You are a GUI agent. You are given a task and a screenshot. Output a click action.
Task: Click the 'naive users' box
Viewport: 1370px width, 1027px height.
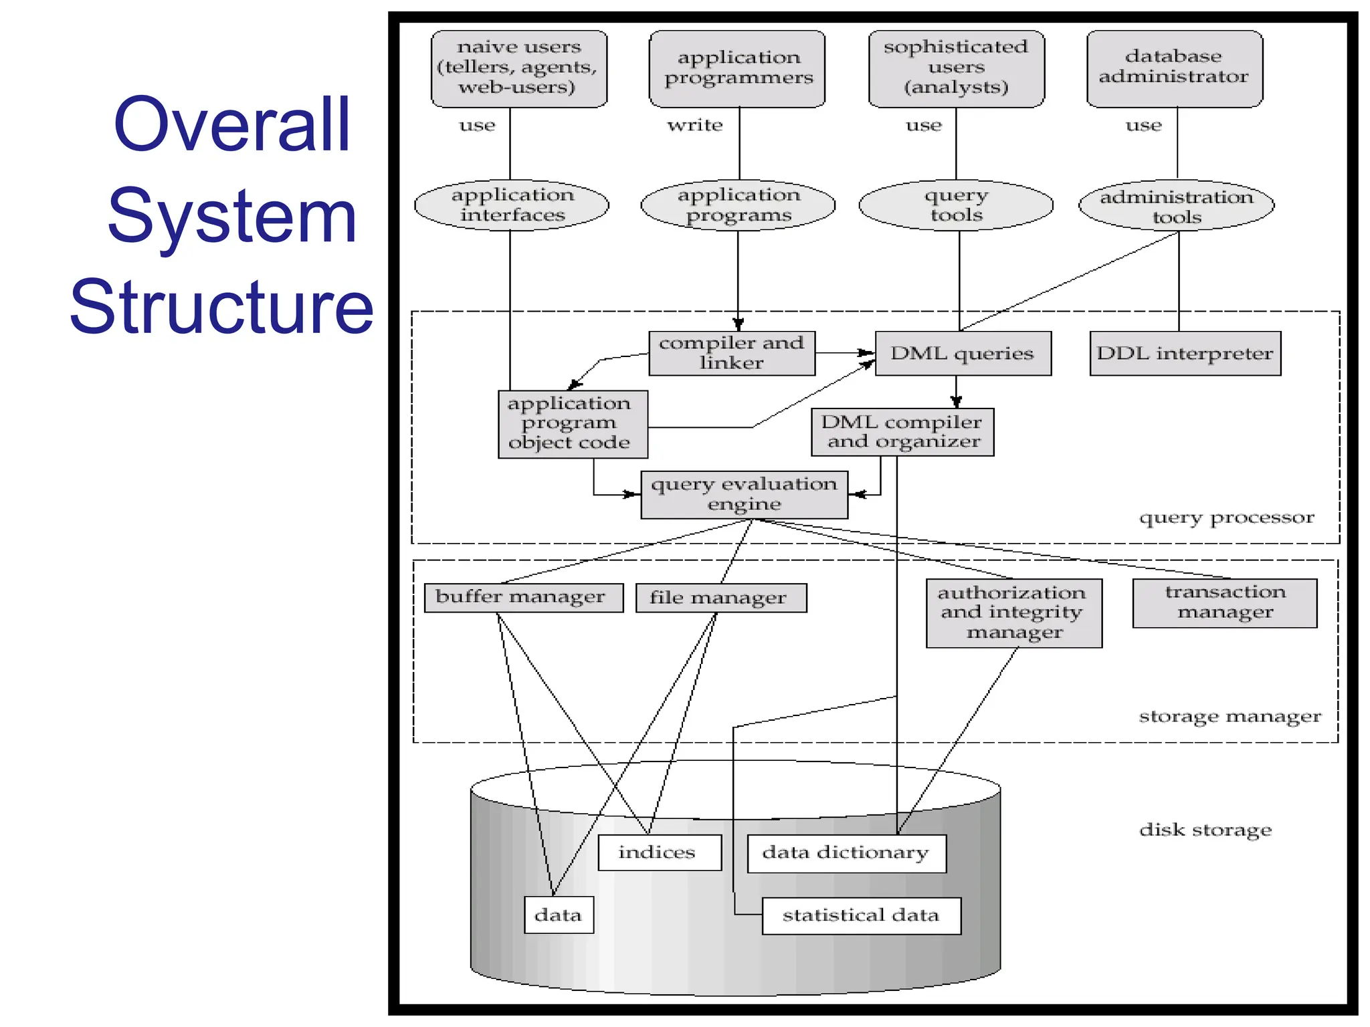point(518,68)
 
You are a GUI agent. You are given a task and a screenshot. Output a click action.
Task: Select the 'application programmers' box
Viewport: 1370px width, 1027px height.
point(737,68)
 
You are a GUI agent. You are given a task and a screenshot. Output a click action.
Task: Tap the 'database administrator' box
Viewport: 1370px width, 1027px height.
point(1174,68)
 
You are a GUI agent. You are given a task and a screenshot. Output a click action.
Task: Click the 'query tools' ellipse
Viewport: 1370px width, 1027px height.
point(956,205)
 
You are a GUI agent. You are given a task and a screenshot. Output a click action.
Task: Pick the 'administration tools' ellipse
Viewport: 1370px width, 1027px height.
point(1176,205)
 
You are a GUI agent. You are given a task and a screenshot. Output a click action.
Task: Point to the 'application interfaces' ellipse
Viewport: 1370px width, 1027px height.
point(512,205)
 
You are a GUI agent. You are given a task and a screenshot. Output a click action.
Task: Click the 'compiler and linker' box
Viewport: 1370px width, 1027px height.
point(732,353)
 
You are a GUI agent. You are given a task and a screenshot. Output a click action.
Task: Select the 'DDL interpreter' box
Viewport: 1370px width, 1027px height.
point(1185,353)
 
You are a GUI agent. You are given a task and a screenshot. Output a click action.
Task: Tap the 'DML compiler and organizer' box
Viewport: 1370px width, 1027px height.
point(902,432)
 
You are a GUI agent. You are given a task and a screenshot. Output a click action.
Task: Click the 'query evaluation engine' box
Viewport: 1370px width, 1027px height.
point(744,495)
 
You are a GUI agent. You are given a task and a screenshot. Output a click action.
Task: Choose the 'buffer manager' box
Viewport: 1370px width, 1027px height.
point(523,597)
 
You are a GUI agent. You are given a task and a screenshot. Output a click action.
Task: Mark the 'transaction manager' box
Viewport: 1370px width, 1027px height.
point(1224,602)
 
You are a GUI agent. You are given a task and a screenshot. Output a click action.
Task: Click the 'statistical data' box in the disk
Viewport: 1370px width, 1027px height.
point(861,915)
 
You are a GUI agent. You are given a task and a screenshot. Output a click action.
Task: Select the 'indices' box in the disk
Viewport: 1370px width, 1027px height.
point(659,852)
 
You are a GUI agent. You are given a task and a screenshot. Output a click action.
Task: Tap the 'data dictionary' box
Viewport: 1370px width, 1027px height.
point(846,853)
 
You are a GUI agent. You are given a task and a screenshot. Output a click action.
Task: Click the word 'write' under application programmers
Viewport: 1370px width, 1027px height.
point(695,126)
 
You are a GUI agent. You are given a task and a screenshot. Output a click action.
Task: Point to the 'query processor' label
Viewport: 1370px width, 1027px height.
point(1226,518)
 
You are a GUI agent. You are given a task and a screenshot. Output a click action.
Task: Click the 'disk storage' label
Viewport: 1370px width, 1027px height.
point(1205,830)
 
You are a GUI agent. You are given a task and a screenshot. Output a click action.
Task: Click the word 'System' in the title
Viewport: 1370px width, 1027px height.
point(231,216)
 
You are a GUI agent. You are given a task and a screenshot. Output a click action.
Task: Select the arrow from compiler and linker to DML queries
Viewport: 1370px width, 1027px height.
point(844,352)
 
